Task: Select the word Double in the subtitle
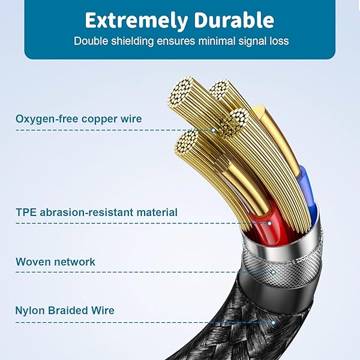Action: [x=91, y=41]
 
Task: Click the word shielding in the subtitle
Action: [x=132, y=41]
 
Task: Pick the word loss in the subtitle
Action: [x=278, y=41]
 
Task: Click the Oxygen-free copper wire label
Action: [x=79, y=119]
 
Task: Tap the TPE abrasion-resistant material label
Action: [x=97, y=212]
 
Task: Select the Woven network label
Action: [x=55, y=262]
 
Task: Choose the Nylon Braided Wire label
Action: [x=65, y=311]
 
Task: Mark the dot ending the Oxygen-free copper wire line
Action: [x=213, y=130]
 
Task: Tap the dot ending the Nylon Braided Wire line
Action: [x=274, y=322]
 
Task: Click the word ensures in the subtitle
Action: [x=175, y=41]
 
